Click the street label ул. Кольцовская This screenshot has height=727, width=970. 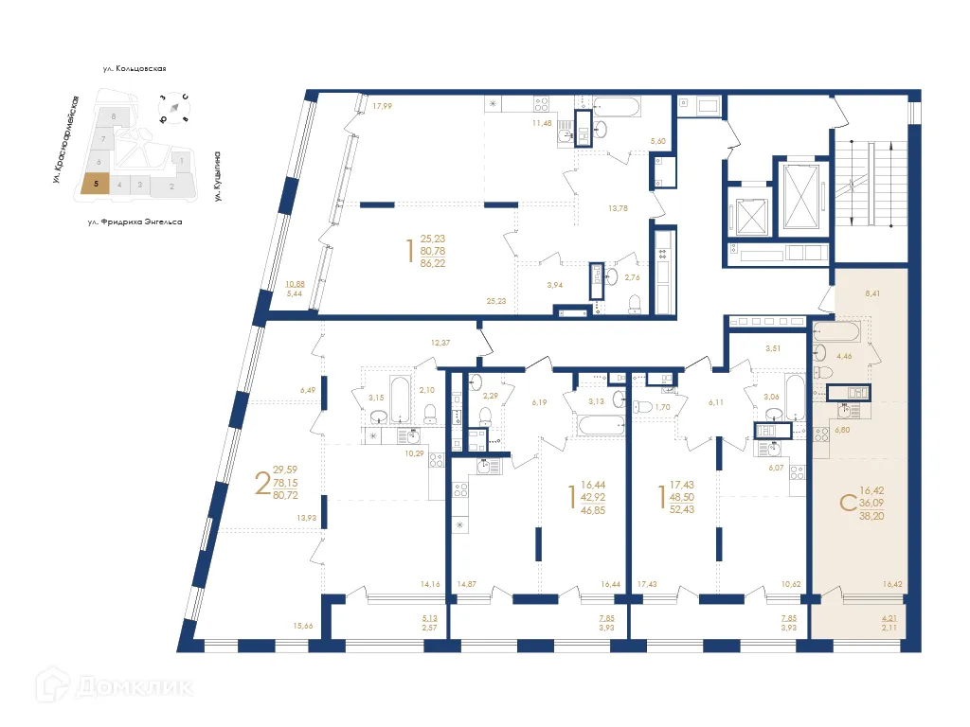pos(135,69)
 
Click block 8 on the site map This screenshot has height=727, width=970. pos(114,115)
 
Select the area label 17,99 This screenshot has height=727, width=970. pos(382,106)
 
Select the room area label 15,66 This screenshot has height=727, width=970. pos(303,626)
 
